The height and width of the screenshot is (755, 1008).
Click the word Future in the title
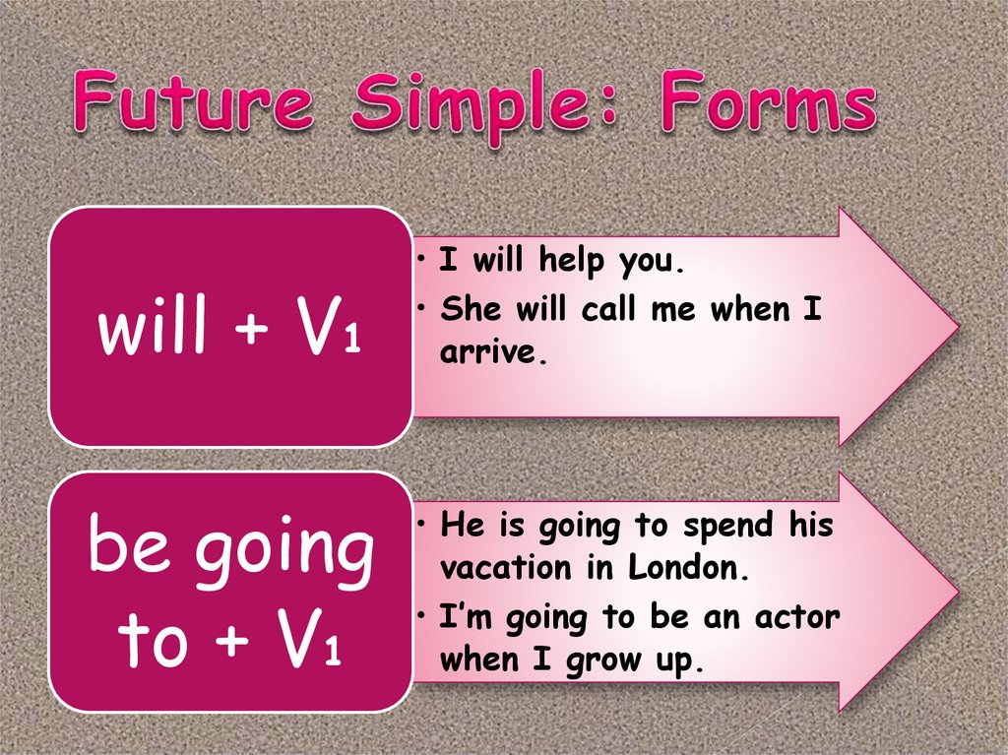(x=193, y=107)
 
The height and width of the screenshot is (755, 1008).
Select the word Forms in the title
(x=767, y=105)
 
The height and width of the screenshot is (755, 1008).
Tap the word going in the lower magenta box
(x=285, y=552)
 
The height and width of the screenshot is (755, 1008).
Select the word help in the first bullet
(x=574, y=262)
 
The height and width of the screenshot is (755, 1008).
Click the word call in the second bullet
(x=611, y=310)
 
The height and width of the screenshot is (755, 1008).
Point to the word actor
(x=797, y=618)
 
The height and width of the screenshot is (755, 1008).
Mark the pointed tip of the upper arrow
(x=956, y=325)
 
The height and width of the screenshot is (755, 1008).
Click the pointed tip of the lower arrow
(x=956, y=592)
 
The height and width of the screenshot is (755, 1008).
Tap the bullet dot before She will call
(x=420, y=309)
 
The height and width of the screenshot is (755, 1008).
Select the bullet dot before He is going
(x=420, y=525)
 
